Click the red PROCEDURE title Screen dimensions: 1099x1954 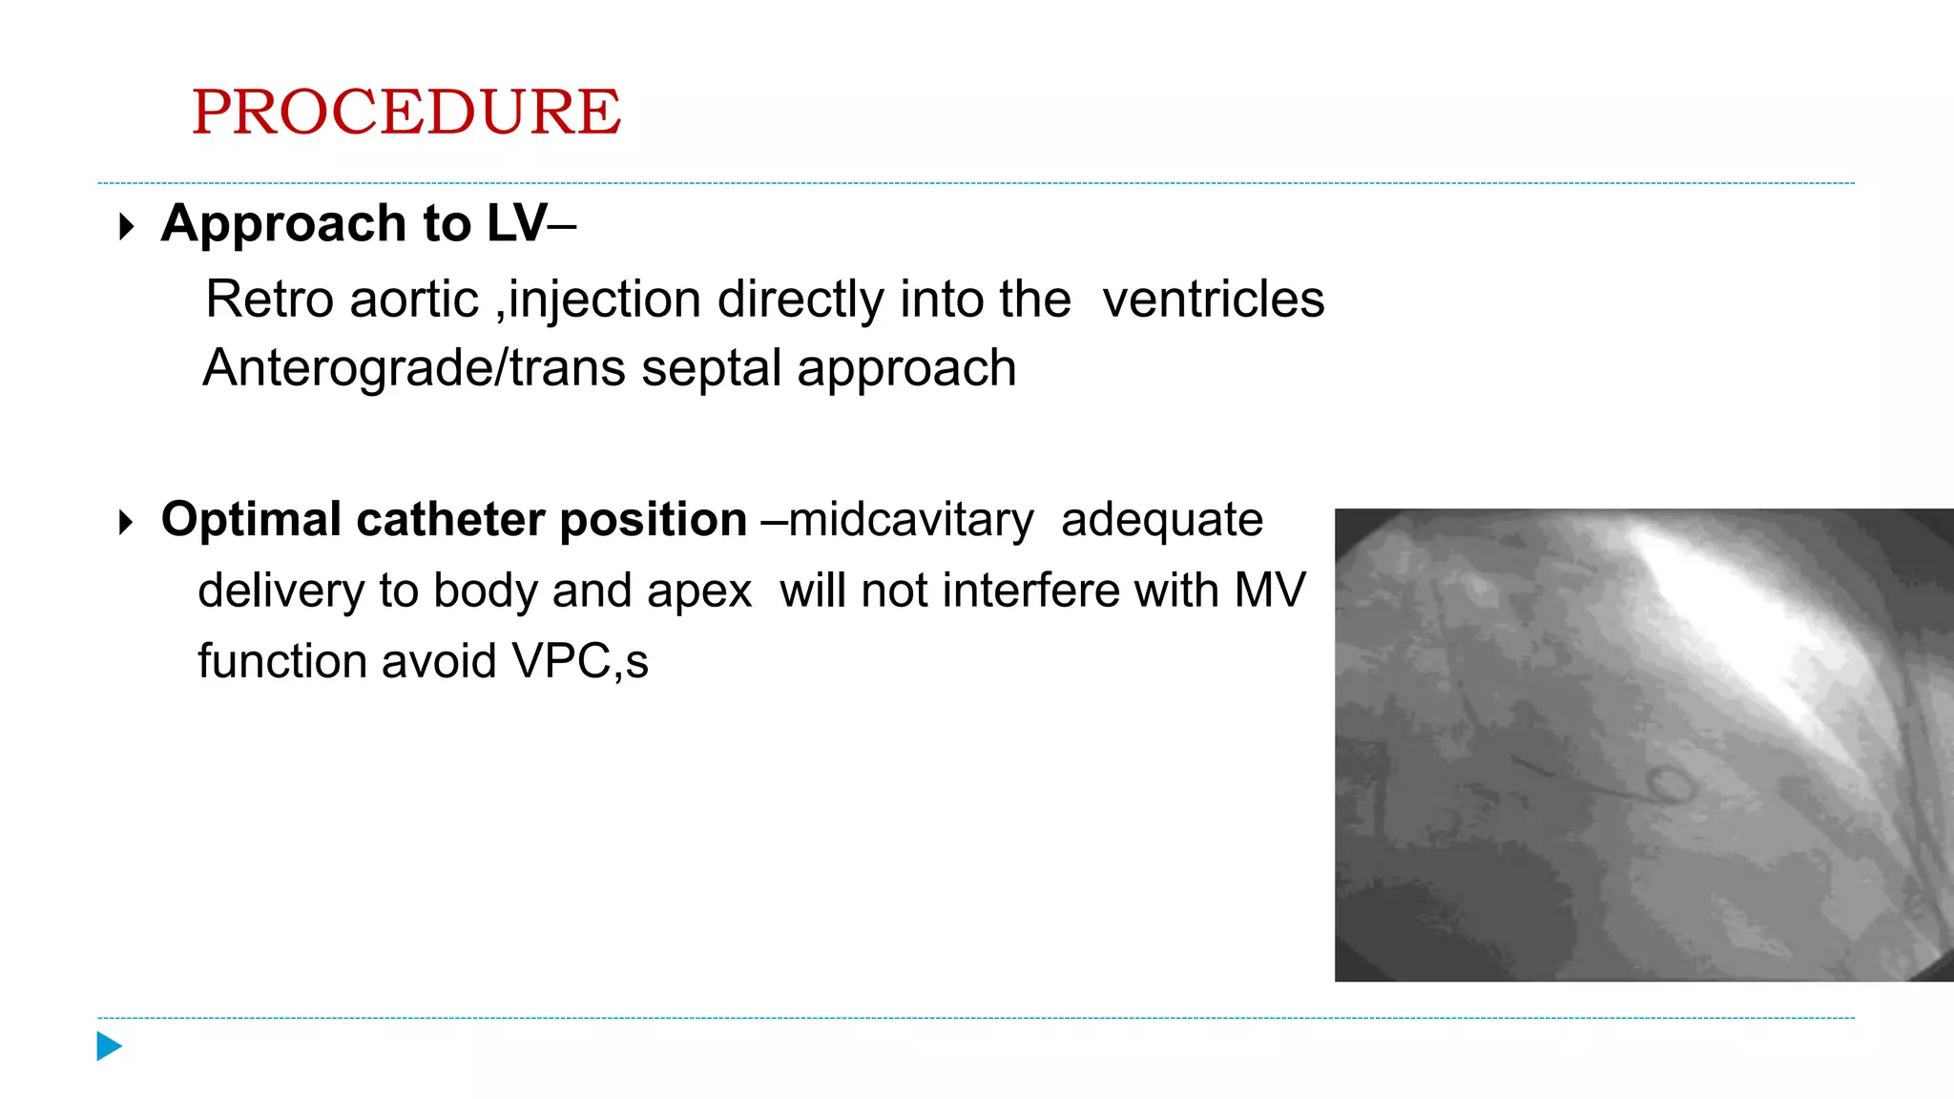click(x=406, y=112)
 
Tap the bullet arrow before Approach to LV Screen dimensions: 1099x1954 click(x=126, y=227)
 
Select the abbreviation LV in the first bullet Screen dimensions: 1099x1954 click(x=516, y=223)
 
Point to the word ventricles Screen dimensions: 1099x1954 click(x=1213, y=300)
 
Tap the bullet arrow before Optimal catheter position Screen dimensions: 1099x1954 click(x=126, y=523)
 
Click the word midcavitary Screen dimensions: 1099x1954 click(x=910, y=521)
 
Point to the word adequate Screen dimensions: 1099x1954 click(x=1161, y=521)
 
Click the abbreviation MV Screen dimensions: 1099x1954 click(x=1269, y=591)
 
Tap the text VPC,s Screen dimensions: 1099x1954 click(x=580, y=662)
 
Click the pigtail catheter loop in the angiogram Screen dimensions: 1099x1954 click(x=1671, y=787)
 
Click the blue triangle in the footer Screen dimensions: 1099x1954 click(x=109, y=1047)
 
